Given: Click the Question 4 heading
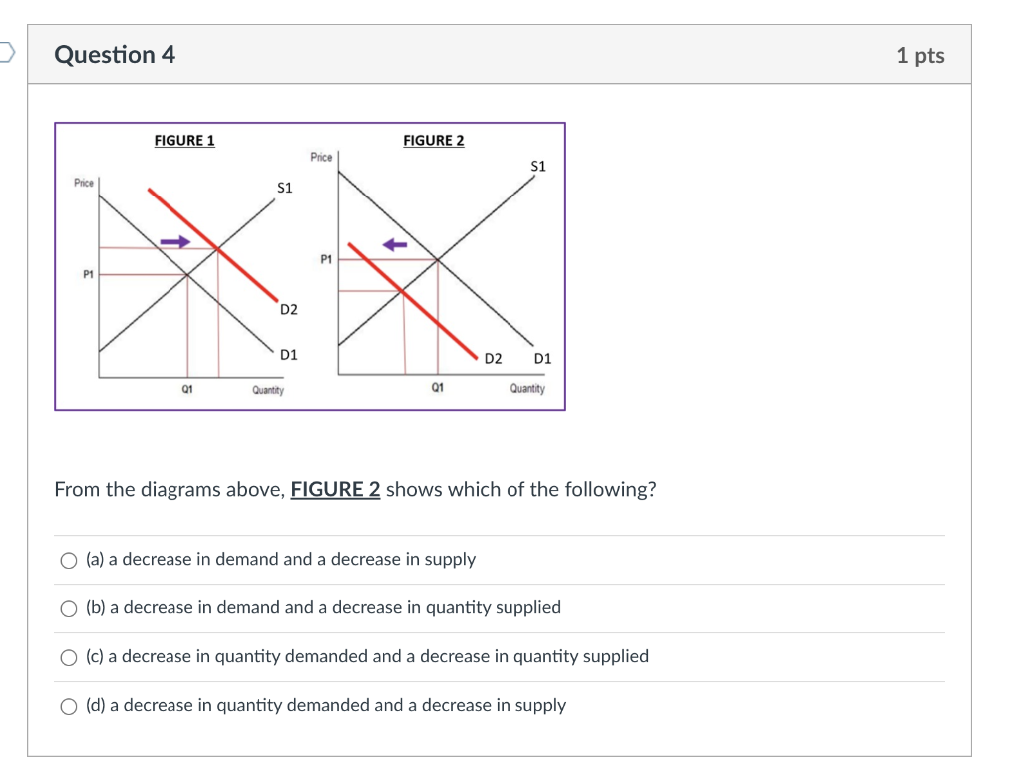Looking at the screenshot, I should click(115, 55).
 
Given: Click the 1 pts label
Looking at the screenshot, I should click(919, 56).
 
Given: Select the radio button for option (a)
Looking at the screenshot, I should click(68, 561).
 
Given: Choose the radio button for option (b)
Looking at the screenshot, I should click(68, 609).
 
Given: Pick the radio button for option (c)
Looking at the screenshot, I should click(68, 658).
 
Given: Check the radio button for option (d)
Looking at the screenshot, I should click(68, 707).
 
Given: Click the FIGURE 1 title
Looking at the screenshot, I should click(184, 141).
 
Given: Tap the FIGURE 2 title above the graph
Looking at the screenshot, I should click(433, 141).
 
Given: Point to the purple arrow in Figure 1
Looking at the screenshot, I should click(174, 240).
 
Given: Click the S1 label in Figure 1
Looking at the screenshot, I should click(284, 188).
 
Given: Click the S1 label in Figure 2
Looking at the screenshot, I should click(538, 166).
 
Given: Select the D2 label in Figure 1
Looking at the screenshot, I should click(288, 310).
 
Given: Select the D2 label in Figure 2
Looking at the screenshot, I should click(494, 358).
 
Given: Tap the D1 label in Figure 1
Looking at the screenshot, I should click(288, 354).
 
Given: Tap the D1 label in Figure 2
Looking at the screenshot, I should click(542, 358).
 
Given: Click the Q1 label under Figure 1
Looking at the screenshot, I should click(186, 390).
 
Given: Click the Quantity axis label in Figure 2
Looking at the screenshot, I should click(527, 389).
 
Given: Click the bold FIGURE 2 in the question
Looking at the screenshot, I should click(335, 490).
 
